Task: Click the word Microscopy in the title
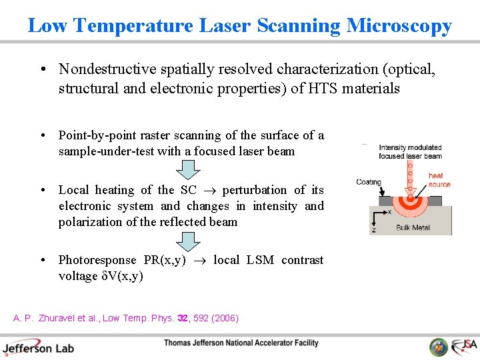pos(399,26)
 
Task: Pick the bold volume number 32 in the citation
pos(183,318)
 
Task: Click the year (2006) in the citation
pos(223,318)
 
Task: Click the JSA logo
pos(465,346)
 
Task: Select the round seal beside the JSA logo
pos(439,347)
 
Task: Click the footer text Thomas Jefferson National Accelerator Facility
pos(241,343)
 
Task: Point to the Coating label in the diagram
pos(368,182)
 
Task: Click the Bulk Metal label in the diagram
pos(413,228)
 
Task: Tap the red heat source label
pos(439,180)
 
